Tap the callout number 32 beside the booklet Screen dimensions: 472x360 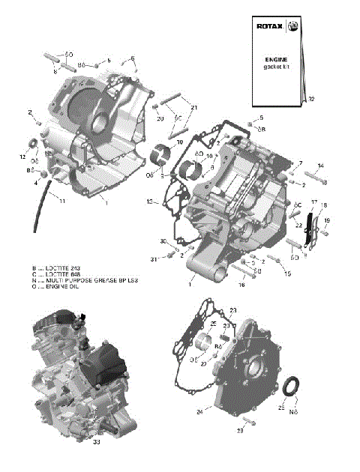(311, 99)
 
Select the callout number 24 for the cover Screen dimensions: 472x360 (200, 411)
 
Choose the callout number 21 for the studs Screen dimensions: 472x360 (193, 108)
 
